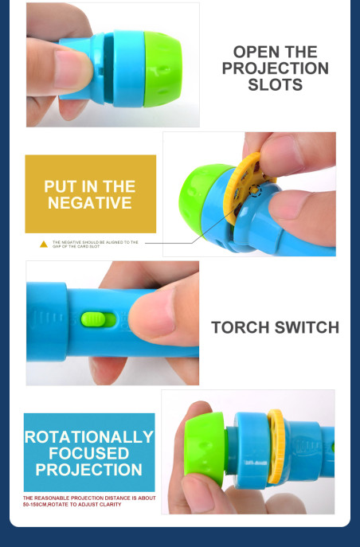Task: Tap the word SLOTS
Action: coord(276,84)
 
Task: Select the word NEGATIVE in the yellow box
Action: coord(90,203)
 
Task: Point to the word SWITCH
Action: coord(307,327)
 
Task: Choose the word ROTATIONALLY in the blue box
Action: coord(89,437)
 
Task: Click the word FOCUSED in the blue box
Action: coord(89,453)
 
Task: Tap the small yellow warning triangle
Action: coord(44,244)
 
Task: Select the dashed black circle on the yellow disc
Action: coord(255,189)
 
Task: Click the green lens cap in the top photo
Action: coord(163,68)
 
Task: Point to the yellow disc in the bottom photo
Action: coord(276,446)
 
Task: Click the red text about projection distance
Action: coord(89,502)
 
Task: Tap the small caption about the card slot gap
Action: coord(96,244)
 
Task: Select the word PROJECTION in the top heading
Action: coord(276,68)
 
